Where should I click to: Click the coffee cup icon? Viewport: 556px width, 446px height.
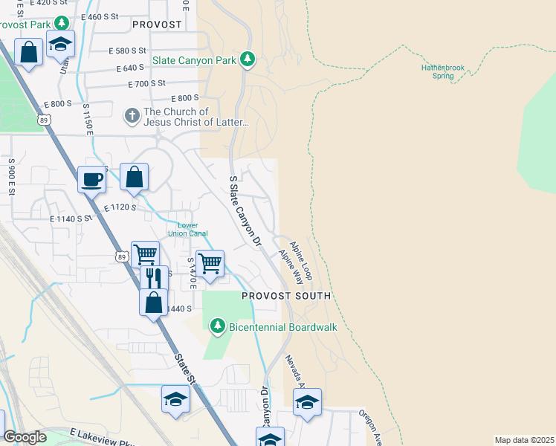(x=92, y=179)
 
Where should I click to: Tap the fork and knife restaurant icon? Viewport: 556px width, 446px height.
(x=154, y=278)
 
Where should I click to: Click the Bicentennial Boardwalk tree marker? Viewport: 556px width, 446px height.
(x=217, y=326)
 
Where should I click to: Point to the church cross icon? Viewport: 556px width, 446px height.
(x=131, y=116)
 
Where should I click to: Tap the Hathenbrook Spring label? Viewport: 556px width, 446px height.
(x=442, y=71)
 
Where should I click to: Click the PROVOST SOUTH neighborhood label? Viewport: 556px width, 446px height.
(x=286, y=296)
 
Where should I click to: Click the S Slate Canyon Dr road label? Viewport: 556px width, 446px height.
(x=246, y=210)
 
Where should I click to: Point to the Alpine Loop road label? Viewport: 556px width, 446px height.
(x=301, y=260)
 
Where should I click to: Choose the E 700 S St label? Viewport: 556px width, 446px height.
(x=146, y=84)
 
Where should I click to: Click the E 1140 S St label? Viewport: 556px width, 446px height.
(x=71, y=219)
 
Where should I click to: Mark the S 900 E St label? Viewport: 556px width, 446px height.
(x=12, y=176)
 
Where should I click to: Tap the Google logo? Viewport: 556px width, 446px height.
(x=25, y=437)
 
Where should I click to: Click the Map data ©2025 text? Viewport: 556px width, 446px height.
(x=524, y=440)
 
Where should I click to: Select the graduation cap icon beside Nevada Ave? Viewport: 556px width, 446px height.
(x=307, y=402)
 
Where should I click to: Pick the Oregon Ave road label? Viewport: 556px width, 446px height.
(x=369, y=425)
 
